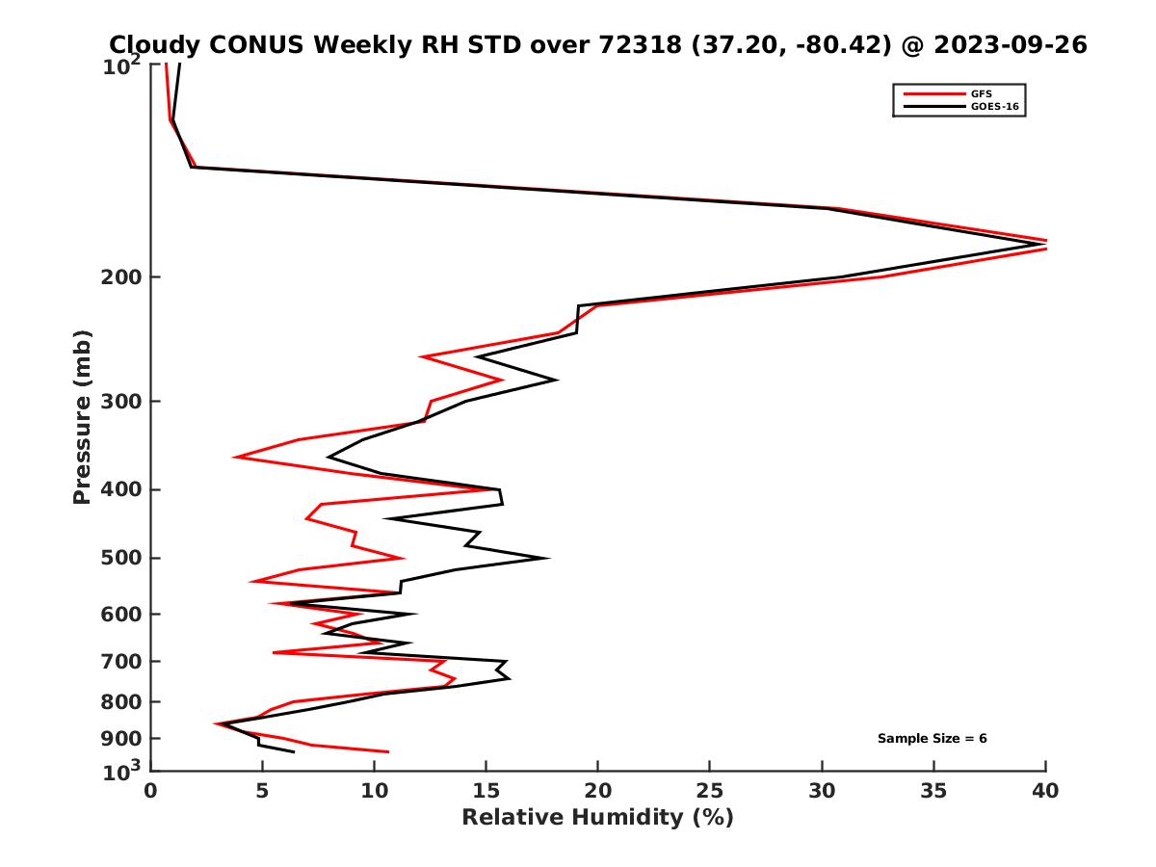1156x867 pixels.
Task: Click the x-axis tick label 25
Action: pyautogui.click(x=710, y=791)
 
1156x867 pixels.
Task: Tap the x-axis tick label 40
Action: pyautogui.click(x=1045, y=791)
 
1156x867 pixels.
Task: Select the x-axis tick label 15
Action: pyautogui.click(x=486, y=791)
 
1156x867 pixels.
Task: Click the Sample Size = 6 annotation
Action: pyautogui.click(x=932, y=739)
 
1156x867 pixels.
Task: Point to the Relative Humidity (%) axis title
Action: pyautogui.click(x=597, y=818)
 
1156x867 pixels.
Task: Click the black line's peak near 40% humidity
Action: pyautogui.click(x=1043, y=245)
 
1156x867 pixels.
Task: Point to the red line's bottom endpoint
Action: pyautogui.click(x=388, y=751)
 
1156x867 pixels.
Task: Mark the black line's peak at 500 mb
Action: pyautogui.click(x=548, y=558)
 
